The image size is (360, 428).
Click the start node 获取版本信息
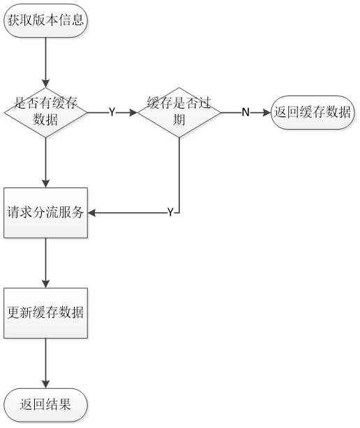tap(45, 20)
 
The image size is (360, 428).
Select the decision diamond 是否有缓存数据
tap(45, 112)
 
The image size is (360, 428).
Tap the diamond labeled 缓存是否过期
tap(179, 112)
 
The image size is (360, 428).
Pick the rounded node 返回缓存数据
tap(313, 112)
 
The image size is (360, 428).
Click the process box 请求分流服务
tap(45, 213)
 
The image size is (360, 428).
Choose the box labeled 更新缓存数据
tap(45, 313)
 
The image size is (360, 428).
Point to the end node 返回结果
tap(45, 405)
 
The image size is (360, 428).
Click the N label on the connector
tap(246, 112)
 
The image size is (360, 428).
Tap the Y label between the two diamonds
tap(112, 112)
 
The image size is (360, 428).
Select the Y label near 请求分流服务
tap(170, 213)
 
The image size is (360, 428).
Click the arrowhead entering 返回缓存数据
tap(267, 112)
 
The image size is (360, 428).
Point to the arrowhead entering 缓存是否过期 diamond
tap(133, 112)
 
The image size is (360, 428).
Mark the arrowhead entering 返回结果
tap(45, 384)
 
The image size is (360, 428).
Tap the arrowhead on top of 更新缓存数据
tap(45, 284)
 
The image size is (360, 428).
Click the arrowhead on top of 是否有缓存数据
tap(45, 84)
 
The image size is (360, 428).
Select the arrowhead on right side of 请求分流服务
tap(91, 213)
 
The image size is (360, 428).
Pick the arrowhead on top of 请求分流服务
tap(45, 184)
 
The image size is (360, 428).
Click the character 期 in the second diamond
tap(179, 120)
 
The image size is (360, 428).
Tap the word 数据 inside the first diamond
tap(45, 120)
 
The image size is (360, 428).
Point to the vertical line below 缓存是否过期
tap(179, 175)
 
